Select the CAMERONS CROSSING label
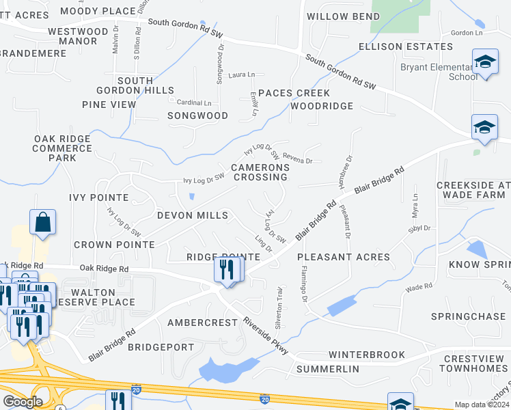click(x=259, y=172)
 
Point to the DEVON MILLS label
click(x=193, y=215)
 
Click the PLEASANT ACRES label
click(x=344, y=258)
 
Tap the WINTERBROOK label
click(x=367, y=355)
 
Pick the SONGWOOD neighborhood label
click(x=197, y=116)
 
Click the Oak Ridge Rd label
click(x=103, y=269)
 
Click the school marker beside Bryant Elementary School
click(x=484, y=64)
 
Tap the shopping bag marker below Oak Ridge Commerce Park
click(x=42, y=223)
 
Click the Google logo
click(x=22, y=402)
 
